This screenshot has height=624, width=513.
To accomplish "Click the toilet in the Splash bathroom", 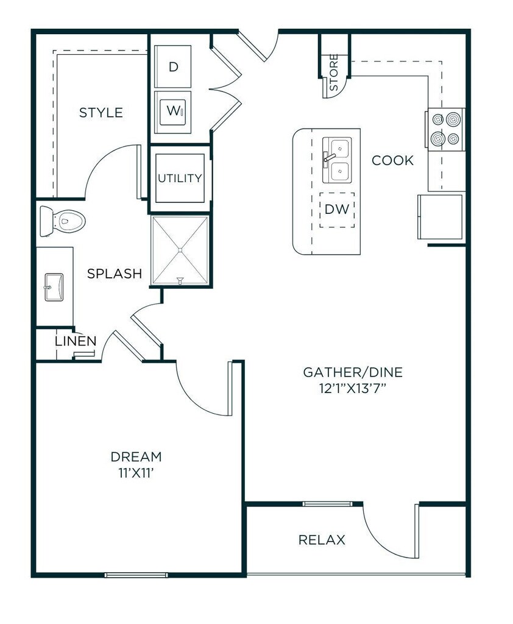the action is pyautogui.click(x=63, y=221).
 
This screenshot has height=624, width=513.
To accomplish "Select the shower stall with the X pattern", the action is pyautogui.click(x=180, y=250).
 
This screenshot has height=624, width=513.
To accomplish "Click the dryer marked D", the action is pyautogui.click(x=172, y=66).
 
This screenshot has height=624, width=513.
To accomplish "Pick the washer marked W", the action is pyautogui.click(x=172, y=113).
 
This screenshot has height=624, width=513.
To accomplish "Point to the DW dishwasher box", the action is pyautogui.click(x=337, y=210).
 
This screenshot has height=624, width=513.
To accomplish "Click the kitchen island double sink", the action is pyautogui.click(x=337, y=160).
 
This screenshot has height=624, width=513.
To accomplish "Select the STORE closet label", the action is pyautogui.click(x=333, y=72).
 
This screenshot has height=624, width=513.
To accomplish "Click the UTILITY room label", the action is pyautogui.click(x=180, y=179).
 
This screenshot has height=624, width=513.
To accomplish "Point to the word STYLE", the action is pyautogui.click(x=101, y=113).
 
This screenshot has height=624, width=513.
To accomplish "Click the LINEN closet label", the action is pyautogui.click(x=76, y=341).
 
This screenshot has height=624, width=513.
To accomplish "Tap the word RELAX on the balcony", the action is pyautogui.click(x=322, y=540).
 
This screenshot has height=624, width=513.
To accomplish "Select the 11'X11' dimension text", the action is pyautogui.click(x=136, y=473).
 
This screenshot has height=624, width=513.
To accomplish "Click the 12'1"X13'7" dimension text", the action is pyautogui.click(x=353, y=388).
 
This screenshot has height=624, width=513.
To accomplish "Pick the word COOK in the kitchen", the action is pyautogui.click(x=393, y=160).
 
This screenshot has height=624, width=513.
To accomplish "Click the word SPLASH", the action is pyautogui.click(x=115, y=274).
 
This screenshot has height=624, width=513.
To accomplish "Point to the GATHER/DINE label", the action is pyautogui.click(x=353, y=372).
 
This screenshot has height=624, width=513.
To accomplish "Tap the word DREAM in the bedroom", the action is pyautogui.click(x=136, y=456).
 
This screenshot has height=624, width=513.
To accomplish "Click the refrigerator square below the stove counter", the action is pyautogui.click(x=440, y=216).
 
